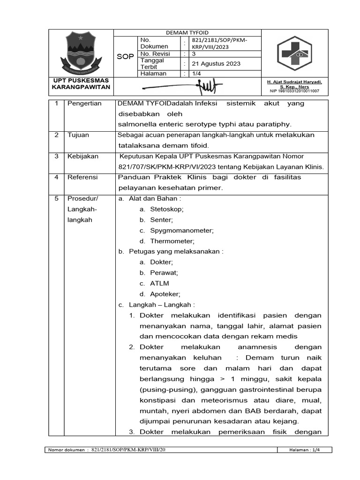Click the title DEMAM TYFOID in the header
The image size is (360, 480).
tap(187, 33)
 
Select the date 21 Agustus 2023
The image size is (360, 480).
tap(213, 64)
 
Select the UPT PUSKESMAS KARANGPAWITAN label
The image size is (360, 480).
tap(81, 84)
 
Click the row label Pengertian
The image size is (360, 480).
tap(84, 104)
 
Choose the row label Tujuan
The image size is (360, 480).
tap(78, 135)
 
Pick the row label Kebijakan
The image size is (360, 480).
tap(82, 156)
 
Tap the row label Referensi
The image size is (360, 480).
tap(82, 177)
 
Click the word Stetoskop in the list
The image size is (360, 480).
tap(166, 209)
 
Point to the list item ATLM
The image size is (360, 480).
tap(159, 283)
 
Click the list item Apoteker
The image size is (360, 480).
tap(165, 294)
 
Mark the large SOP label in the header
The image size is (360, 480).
tap(125, 56)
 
